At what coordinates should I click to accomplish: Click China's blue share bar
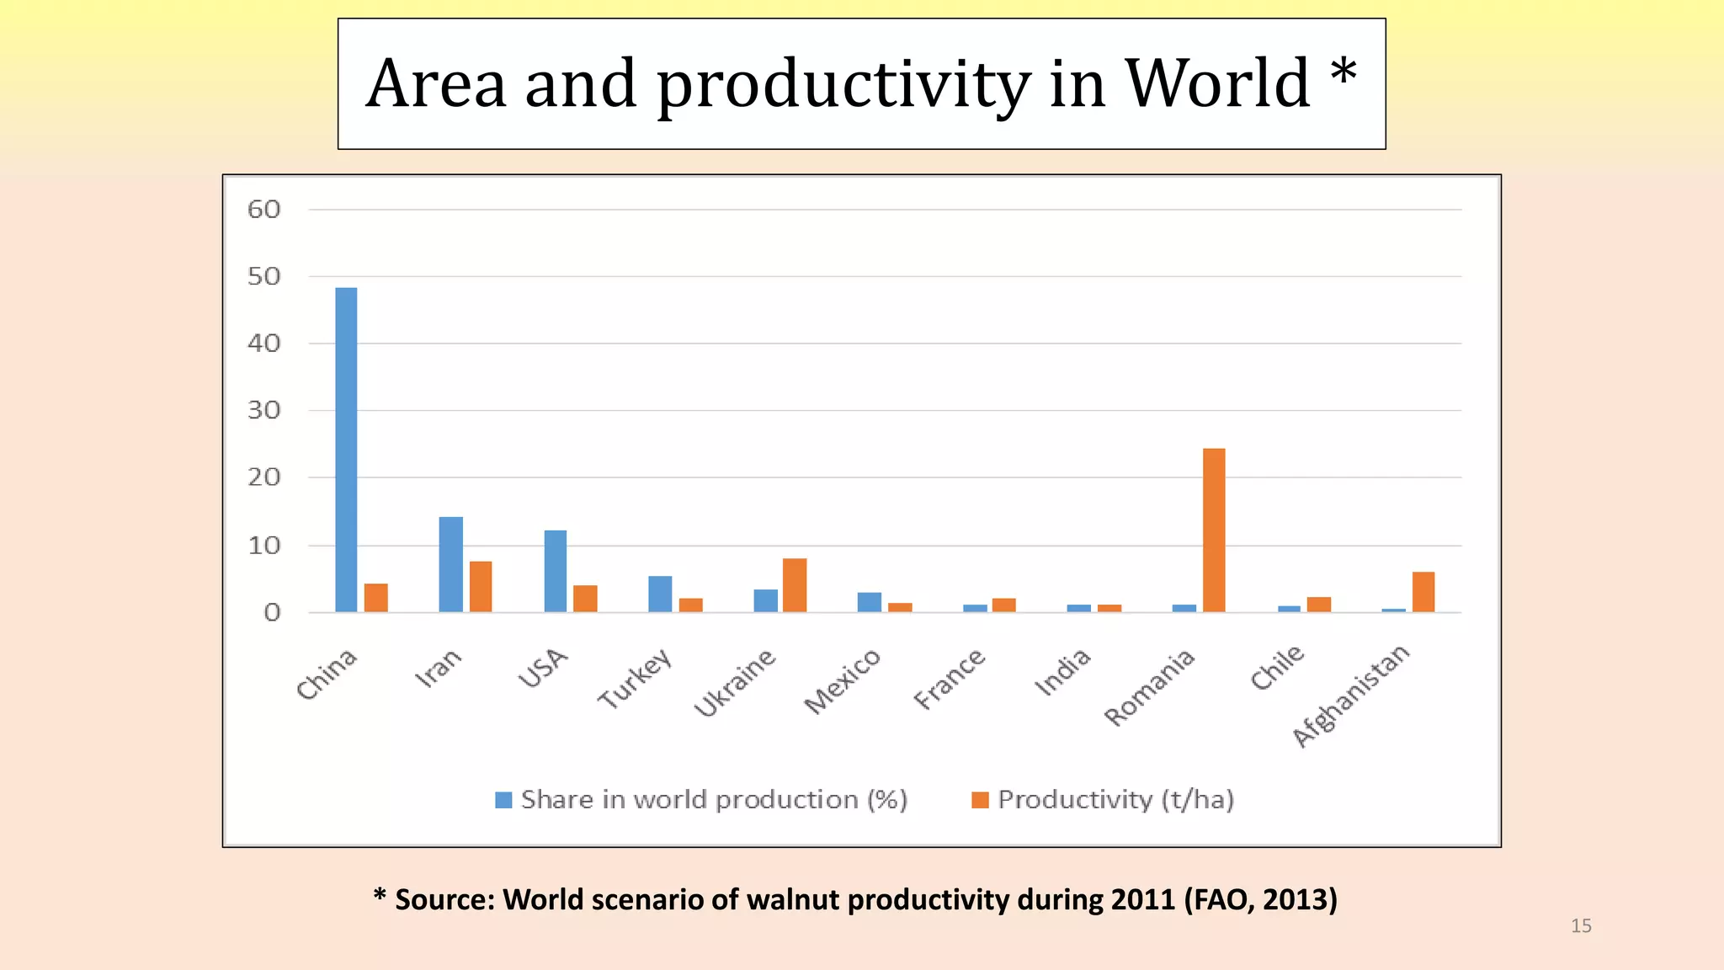click(346, 450)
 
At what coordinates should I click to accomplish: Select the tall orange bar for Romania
click(1214, 530)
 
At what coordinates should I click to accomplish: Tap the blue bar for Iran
click(451, 564)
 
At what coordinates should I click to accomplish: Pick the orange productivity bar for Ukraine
click(795, 585)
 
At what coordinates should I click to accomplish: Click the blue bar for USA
click(556, 571)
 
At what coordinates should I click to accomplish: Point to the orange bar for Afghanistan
click(1423, 592)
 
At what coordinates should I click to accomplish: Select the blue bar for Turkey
click(660, 594)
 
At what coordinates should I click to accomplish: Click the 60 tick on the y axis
click(263, 210)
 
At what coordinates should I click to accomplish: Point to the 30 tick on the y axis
click(263, 411)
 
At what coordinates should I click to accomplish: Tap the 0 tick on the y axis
click(272, 613)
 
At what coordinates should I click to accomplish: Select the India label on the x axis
click(1063, 672)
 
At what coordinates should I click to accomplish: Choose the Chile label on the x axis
click(1277, 668)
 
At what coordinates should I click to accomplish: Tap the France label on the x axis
click(950, 679)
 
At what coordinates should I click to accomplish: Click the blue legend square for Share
click(503, 800)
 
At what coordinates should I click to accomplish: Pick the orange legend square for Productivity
click(980, 800)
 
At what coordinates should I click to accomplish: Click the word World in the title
click(1217, 84)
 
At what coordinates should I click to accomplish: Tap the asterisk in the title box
click(1344, 72)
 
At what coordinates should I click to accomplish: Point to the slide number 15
click(1581, 926)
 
